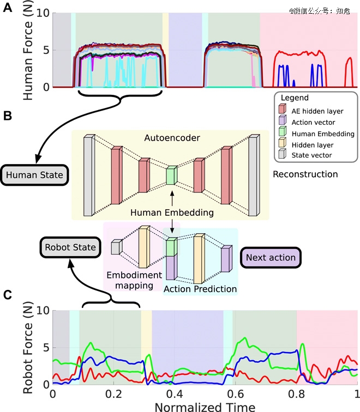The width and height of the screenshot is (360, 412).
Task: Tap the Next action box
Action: click(x=271, y=257)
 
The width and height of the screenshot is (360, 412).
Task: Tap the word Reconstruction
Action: click(x=305, y=174)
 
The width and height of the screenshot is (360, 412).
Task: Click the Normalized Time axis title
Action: click(x=205, y=407)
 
